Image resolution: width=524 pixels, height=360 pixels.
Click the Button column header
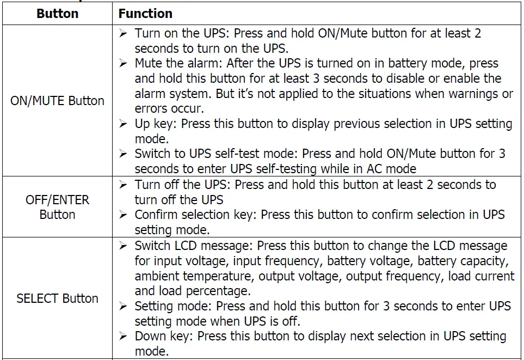57,13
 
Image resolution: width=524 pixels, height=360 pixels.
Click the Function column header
145,13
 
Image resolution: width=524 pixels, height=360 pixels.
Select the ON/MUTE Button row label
57,101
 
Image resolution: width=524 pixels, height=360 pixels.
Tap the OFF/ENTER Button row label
57,207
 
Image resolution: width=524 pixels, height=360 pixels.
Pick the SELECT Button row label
57,298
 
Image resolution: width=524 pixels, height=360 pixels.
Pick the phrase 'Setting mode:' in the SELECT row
174,306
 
